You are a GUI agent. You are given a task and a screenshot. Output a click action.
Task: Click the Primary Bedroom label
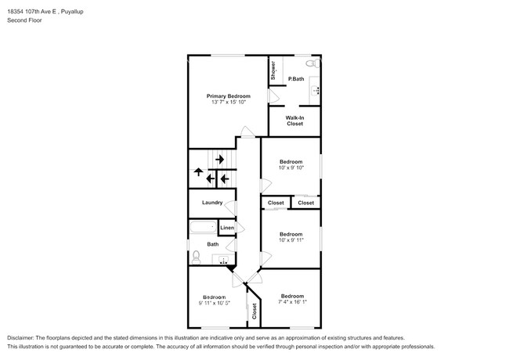[228, 95]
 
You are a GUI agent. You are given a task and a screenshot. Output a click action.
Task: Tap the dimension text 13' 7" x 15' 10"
[228, 103]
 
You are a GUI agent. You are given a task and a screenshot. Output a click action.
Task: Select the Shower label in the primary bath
[273, 70]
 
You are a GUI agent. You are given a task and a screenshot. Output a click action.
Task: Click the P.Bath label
[296, 79]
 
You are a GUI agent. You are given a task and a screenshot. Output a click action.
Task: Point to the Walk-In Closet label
[294, 121]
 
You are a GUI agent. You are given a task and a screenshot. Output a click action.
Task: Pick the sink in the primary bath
[316, 90]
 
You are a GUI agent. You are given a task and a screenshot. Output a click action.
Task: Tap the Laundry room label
[212, 203]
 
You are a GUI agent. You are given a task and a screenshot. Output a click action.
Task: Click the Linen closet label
[226, 228]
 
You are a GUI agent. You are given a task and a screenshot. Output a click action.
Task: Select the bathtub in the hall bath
[203, 228]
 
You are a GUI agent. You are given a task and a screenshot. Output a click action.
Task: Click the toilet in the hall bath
[196, 255]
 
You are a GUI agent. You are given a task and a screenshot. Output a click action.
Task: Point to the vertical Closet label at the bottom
[254, 311]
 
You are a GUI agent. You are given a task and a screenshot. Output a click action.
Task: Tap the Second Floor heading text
[26, 20]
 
